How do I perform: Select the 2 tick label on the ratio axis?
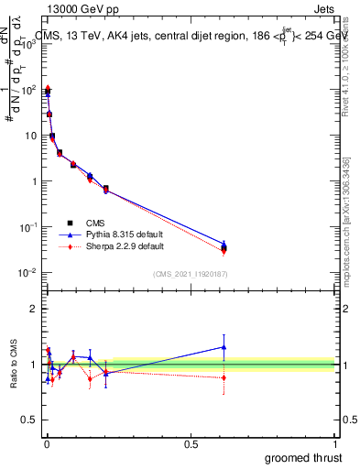(x=32, y=309)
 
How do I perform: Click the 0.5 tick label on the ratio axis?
(x=27, y=421)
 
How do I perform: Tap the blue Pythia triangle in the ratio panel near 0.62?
(x=224, y=347)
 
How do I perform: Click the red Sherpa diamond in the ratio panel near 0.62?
(x=224, y=377)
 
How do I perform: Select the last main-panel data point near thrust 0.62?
(x=224, y=247)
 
